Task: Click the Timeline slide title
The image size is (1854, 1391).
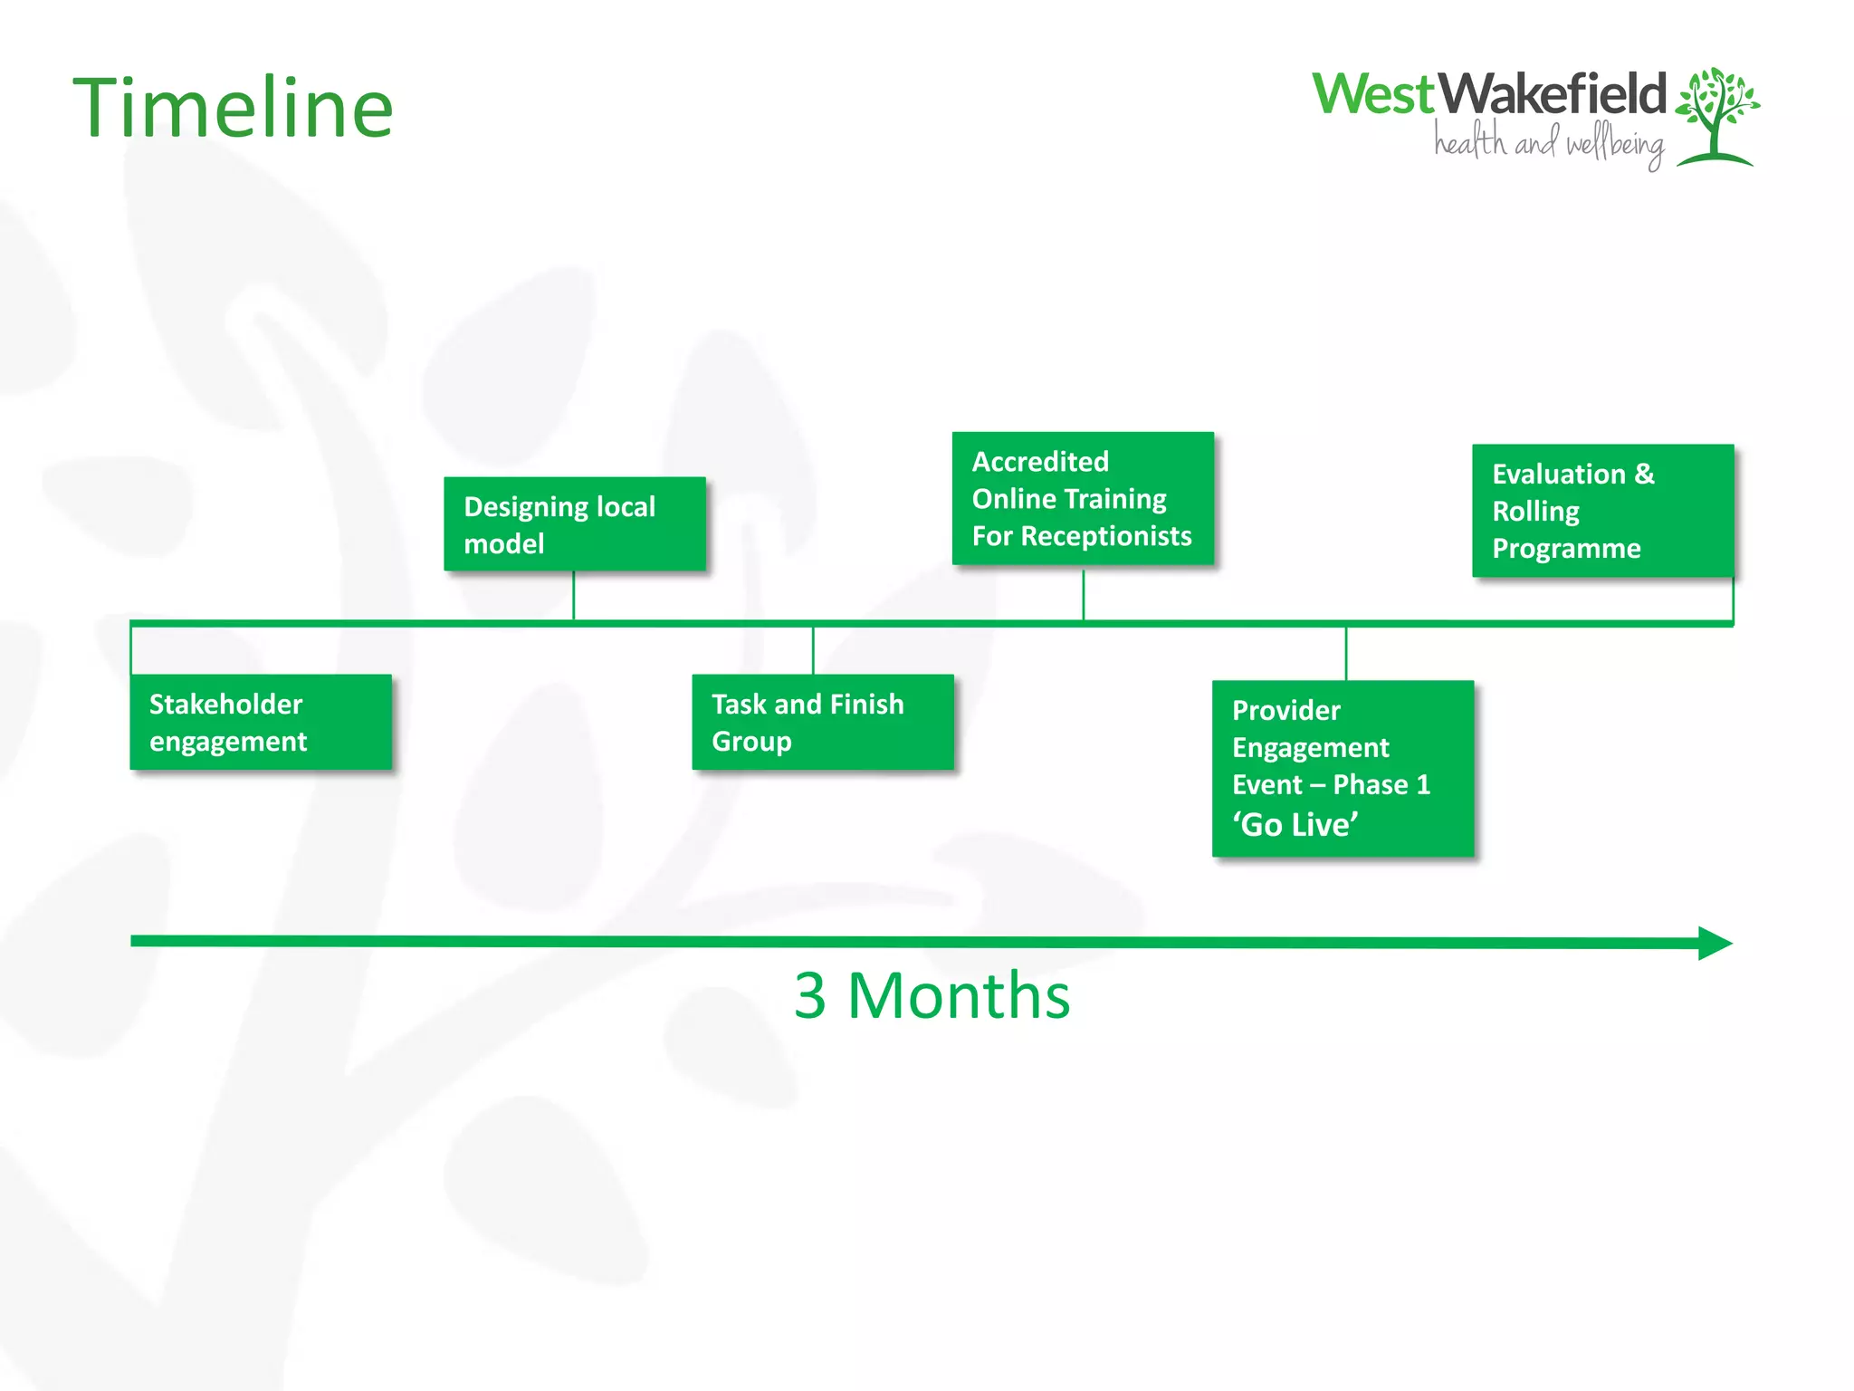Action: coord(233,109)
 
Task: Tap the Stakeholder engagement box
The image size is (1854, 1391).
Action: coord(261,722)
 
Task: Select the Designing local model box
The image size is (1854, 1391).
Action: coord(574,524)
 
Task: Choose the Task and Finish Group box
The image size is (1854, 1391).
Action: coord(822,722)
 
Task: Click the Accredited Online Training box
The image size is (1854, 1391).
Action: coord(1083,498)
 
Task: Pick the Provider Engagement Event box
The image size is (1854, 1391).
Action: coord(1343,768)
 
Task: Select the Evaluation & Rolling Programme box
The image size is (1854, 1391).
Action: coord(1602,511)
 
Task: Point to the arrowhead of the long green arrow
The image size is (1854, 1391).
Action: coord(1714,943)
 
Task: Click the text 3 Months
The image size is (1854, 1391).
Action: coord(932,995)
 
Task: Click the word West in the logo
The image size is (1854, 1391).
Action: coord(1372,94)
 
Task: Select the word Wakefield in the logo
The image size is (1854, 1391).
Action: coord(1552,94)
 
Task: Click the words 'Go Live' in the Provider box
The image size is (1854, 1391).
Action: coord(1295,824)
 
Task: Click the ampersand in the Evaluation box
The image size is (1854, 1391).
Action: coord(1644,474)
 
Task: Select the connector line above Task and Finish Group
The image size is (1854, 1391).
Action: coord(813,650)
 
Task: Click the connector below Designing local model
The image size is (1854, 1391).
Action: coord(574,595)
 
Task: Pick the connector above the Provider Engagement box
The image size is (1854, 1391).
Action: coord(1346,653)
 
